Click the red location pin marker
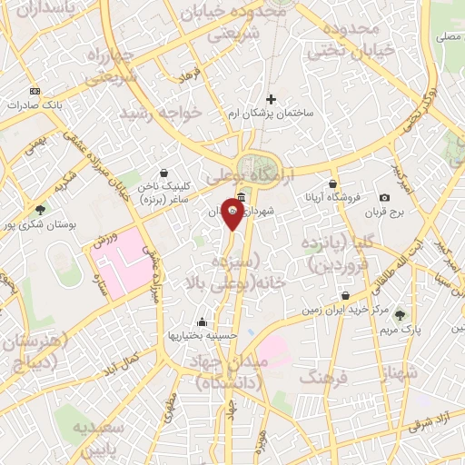tap(232, 215)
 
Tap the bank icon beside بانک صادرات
tap(35, 91)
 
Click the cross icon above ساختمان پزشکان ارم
tap(271, 99)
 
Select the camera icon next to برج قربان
tap(384, 198)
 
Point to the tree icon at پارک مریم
tap(400, 315)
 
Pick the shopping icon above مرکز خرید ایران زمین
tap(345, 295)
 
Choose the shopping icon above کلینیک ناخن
tap(163, 172)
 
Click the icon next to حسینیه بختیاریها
tap(201, 322)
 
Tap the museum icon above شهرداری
tap(241, 197)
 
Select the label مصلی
tap(448, 36)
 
